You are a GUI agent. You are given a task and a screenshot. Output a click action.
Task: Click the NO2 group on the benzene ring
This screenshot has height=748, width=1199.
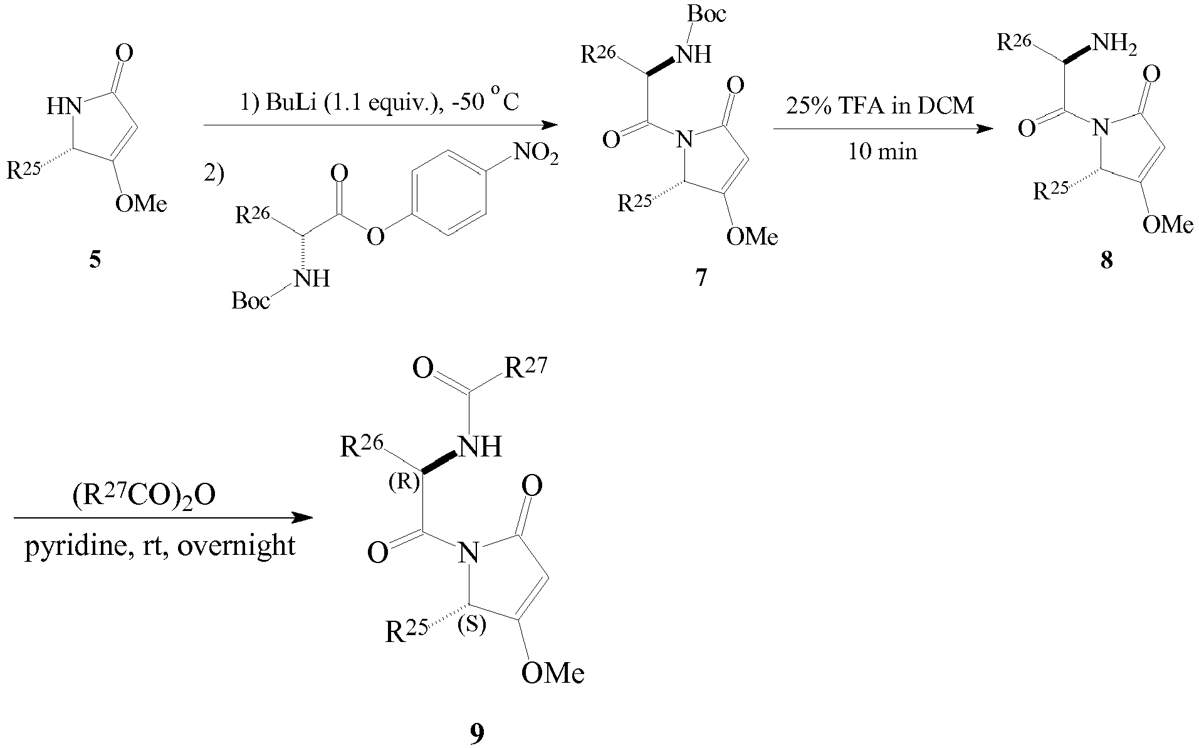coord(535,154)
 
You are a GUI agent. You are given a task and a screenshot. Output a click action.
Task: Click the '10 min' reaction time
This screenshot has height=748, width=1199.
coord(882,151)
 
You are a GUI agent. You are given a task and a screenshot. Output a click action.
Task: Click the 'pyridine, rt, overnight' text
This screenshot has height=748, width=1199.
coord(160,545)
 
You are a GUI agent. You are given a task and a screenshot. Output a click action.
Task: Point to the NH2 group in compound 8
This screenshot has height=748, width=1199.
coord(1114,46)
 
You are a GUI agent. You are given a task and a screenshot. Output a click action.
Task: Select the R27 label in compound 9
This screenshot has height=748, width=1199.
coord(525,369)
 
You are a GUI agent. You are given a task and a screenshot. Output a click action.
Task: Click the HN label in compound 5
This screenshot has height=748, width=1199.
coord(65,107)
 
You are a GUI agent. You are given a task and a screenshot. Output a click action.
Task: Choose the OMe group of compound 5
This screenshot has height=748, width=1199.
coord(142,204)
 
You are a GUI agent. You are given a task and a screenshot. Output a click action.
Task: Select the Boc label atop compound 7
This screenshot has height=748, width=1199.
coord(706,14)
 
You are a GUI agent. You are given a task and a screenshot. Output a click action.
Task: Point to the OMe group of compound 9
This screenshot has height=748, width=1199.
coord(553,673)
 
